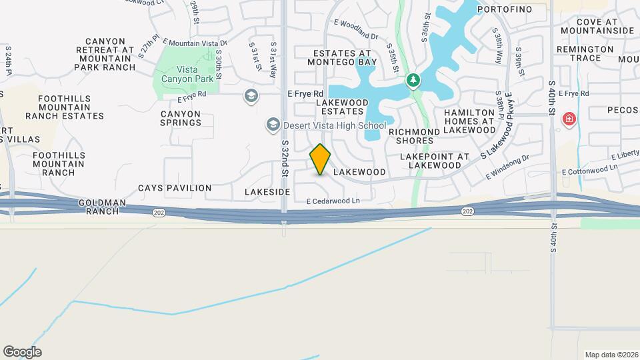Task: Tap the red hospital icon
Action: click(569, 120)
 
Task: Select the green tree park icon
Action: click(414, 81)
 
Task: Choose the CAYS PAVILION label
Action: click(175, 188)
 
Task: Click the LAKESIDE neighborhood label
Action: click(267, 192)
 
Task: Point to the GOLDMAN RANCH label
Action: click(99, 206)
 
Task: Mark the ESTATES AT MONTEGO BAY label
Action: click(342, 57)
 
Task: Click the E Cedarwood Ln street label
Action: click(333, 201)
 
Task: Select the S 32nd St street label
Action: click(285, 159)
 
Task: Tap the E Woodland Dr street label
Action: click(356, 30)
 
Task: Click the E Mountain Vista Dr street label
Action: click(195, 42)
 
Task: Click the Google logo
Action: click(22, 352)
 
